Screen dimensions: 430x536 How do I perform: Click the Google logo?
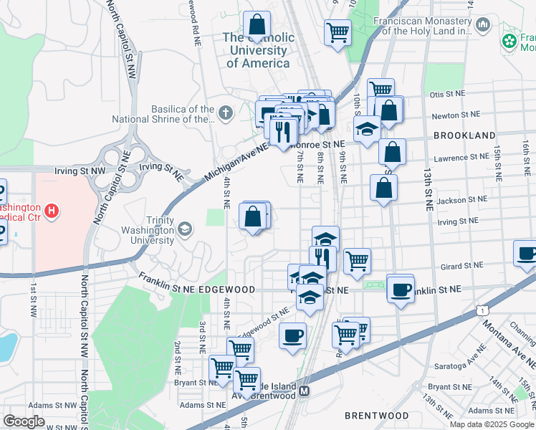point(24,421)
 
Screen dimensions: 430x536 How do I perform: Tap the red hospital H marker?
point(51,211)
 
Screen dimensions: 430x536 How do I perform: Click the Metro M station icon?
point(305,391)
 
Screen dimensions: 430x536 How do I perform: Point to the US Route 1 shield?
point(484,310)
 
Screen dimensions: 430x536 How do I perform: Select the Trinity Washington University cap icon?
point(186,229)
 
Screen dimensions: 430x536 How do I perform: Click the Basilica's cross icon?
point(226,113)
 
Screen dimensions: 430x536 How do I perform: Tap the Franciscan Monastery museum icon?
point(482,27)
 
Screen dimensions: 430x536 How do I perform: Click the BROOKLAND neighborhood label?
point(464,135)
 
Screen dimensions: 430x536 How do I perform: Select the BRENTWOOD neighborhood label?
point(376,416)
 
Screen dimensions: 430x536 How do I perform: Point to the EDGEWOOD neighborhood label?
point(228,289)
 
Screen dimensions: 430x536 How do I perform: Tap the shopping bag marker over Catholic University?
point(256,26)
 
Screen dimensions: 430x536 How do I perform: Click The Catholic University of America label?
point(258,50)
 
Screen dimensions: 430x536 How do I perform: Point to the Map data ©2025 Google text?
point(492,424)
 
